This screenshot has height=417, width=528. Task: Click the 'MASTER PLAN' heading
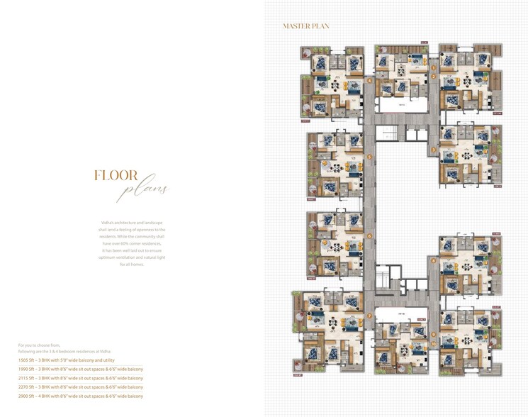pos(305,26)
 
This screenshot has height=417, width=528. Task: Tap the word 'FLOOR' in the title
pos(116,176)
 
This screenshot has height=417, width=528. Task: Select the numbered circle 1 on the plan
pos(433,68)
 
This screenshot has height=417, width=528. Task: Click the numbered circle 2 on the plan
pos(433,76)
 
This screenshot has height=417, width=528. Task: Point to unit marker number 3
pos(433,150)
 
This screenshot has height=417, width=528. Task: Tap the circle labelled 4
pos(369,80)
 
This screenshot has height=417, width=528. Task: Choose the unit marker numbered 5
pos(369,157)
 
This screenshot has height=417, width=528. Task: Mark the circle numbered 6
pos(369,236)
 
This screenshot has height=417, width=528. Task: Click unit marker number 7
pos(369,316)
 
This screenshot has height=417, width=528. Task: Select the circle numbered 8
pos(433,261)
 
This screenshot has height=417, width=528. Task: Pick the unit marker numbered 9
pos(433,335)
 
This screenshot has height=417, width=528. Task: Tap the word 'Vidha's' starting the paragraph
pos(107,223)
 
